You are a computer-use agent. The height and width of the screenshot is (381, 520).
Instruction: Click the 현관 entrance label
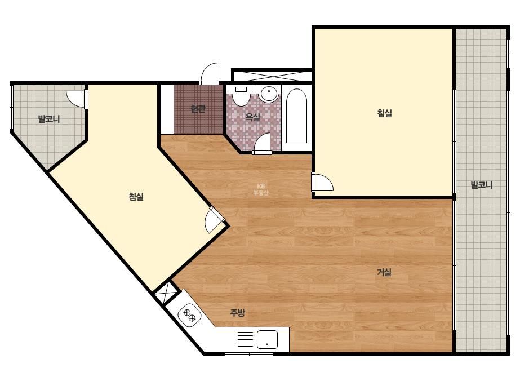point(198,109)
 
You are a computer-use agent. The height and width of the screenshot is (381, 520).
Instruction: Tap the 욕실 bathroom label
point(252,117)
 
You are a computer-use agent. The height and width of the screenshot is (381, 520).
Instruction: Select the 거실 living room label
point(384,272)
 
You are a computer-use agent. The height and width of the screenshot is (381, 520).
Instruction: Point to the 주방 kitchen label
point(237,312)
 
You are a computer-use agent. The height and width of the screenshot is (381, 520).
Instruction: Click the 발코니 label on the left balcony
point(49,119)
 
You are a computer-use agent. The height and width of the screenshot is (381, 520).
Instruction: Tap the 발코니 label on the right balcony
point(482,185)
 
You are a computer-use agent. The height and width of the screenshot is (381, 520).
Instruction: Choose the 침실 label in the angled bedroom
point(136,197)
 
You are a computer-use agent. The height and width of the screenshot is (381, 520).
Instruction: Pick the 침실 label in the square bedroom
point(384,113)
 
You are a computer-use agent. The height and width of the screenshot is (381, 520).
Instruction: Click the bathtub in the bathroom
point(296,116)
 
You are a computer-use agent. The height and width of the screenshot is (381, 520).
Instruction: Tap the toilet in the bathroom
point(242,95)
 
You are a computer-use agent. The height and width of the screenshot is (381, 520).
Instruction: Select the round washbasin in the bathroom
point(268,94)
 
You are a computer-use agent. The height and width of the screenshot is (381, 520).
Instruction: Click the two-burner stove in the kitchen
point(189,314)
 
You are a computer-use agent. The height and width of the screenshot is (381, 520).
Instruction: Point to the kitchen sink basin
point(267,339)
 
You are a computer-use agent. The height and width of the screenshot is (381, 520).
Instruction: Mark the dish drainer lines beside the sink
point(245,339)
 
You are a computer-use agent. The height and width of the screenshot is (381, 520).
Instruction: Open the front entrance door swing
point(210,73)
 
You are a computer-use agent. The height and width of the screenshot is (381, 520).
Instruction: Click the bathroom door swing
point(262,144)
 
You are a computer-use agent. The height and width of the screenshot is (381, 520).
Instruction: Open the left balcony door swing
point(77,98)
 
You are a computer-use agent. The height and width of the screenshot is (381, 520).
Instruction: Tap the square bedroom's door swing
point(322,182)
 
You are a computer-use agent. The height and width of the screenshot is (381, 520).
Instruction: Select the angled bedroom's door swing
point(215,220)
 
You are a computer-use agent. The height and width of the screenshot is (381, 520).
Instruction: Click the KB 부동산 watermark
point(261,189)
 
